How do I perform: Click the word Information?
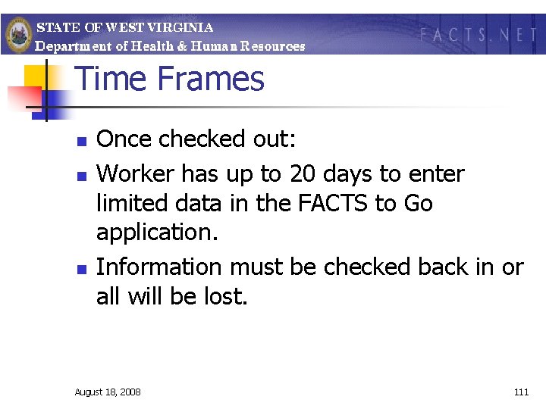click(159, 267)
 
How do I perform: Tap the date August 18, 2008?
click(107, 392)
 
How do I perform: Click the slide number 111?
click(521, 392)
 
